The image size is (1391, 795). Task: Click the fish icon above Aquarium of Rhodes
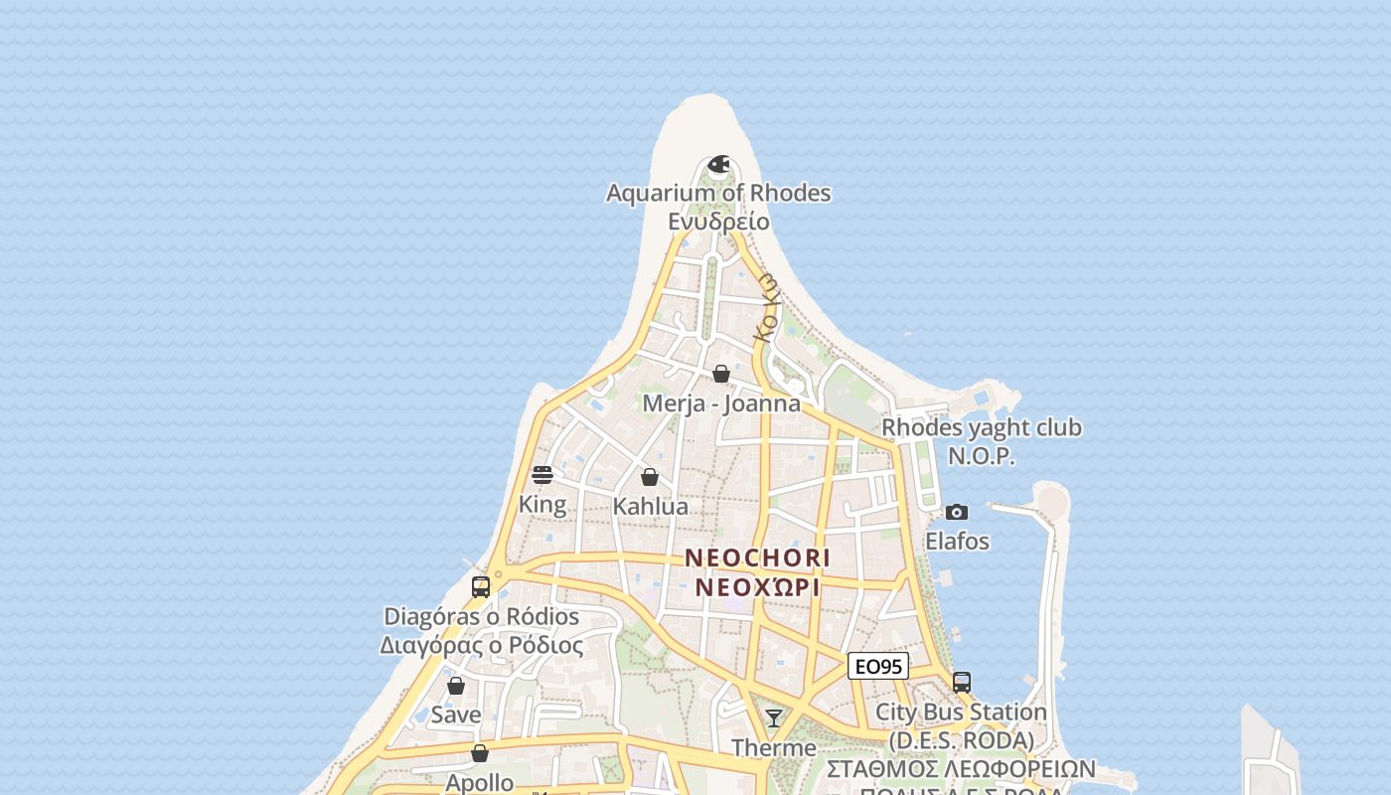[x=718, y=164]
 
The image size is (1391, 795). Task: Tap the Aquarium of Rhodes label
[x=718, y=193]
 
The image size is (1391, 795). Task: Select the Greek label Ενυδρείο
[x=718, y=221]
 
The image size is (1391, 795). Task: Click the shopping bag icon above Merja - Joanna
[x=721, y=374]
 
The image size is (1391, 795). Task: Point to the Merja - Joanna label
[x=721, y=403]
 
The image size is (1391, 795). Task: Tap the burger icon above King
[x=542, y=475]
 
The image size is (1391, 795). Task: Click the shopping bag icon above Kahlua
[x=650, y=477]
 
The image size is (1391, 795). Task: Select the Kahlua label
[x=650, y=507]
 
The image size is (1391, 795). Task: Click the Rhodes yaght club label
[x=982, y=427]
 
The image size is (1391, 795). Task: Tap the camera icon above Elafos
[x=957, y=512]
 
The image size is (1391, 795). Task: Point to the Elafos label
[x=957, y=542]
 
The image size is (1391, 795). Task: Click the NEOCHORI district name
[x=757, y=557]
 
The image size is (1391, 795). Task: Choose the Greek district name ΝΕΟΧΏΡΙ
[x=757, y=587]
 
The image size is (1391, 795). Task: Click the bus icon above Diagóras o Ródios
[x=481, y=586]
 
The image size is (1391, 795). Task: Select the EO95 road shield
[x=878, y=667]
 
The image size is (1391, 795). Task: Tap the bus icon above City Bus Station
[x=962, y=683]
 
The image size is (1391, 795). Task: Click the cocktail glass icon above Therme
[x=774, y=717]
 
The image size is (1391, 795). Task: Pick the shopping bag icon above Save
[x=456, y=686]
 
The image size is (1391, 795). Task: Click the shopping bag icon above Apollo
[x=480, y=753]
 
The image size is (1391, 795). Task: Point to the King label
[x=542, y=505]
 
